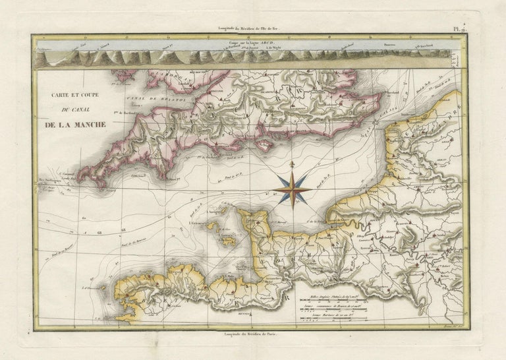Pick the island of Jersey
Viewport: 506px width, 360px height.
point(229,241)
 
